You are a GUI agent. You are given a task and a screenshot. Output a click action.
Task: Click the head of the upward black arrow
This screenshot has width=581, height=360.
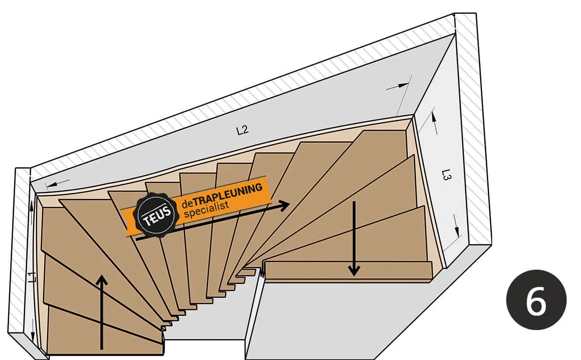tap(102, 280)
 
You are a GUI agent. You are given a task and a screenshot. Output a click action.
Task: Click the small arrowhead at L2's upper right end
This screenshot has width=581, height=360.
tap(403, 85)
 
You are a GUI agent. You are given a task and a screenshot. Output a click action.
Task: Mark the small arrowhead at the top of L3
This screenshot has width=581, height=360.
tap(433, 117)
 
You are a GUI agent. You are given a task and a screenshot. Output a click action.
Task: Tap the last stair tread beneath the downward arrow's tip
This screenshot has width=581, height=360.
tap(347, 271)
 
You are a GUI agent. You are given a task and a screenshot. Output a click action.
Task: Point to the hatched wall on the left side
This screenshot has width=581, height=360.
tap(19, 253)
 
